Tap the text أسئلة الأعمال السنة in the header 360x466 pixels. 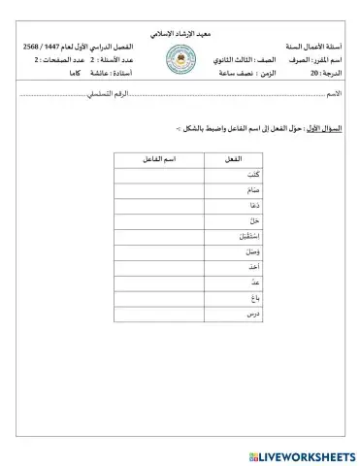click(311, 47)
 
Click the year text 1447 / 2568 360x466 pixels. click(42, 47)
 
